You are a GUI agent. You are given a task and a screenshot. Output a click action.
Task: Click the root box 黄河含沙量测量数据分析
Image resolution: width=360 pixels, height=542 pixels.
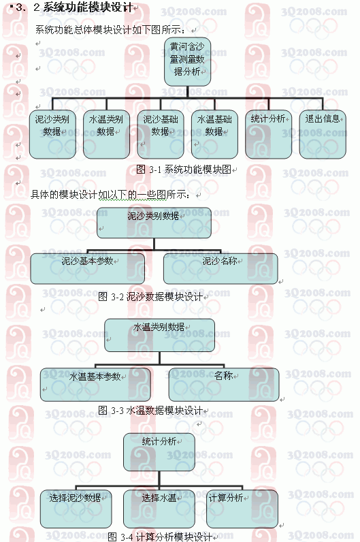[187, 62]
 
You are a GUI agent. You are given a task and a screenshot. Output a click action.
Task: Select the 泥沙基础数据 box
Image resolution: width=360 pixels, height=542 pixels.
[161, 134]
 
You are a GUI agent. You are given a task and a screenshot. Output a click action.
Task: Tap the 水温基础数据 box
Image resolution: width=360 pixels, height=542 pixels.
[214, 134]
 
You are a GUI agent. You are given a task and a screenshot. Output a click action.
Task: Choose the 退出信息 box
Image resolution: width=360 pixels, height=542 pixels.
[323, 134]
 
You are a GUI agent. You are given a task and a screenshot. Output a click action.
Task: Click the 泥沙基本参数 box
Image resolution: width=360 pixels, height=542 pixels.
[87, 269]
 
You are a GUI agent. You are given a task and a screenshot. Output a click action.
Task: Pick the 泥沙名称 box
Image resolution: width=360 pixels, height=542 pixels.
[220, 269]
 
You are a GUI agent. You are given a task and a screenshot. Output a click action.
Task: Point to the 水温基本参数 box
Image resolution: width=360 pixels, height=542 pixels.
[95, 385]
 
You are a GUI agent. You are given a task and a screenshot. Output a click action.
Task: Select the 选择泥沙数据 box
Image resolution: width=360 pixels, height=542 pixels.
[76, 509]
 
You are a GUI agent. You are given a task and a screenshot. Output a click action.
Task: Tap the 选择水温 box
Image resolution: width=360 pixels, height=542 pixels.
[159, 509]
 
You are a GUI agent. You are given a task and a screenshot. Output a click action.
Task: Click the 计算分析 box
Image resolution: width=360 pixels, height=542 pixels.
[242, 509]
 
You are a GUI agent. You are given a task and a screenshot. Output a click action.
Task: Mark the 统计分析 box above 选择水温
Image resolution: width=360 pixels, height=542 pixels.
[159, 452]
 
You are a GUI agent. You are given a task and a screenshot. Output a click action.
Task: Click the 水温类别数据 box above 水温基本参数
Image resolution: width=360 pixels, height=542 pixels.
[160, 335]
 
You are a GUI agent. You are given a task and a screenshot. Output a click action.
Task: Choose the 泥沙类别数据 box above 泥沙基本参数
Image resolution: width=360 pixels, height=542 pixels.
[154, 223]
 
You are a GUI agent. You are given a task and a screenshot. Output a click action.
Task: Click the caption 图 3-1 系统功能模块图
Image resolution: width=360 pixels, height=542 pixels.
[184, 170]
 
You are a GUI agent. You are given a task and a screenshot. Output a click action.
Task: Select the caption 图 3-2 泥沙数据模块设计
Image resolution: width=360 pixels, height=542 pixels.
[150, 297]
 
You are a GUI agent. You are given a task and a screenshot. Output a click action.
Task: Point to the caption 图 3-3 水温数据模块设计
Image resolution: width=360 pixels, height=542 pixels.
[150, 411]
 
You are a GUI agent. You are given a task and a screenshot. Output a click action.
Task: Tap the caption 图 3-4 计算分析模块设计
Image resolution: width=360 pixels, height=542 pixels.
[161, 537]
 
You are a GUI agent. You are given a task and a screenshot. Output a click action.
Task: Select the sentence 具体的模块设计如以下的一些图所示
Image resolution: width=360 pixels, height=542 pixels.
[110, 195]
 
